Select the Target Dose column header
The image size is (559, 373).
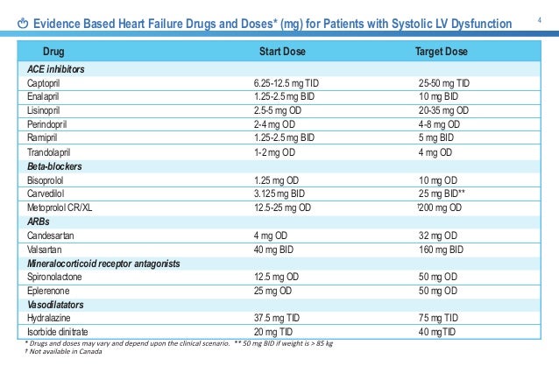(x=441, y=52)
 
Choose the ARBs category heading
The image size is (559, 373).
(x=39, y=221)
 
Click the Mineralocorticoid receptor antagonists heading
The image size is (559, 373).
(x=103, y=263)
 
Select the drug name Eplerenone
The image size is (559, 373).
(x=46, y=290)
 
